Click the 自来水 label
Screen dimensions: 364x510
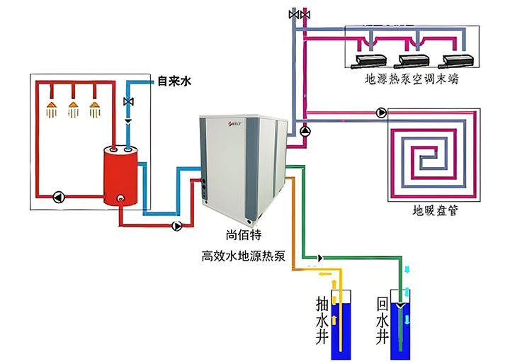[x=174, y=82]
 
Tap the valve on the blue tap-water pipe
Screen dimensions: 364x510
[x=128, y=102]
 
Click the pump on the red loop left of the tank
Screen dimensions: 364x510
[x=58, y=197]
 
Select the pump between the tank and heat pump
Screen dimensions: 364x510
[x=177, y=226]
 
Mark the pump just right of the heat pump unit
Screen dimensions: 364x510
[x=305, y=131]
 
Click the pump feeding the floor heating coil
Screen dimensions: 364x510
[x=382, y=112]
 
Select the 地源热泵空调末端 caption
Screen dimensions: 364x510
[x=411, y=79]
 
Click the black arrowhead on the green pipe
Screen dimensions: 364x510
[x=321, y=258]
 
